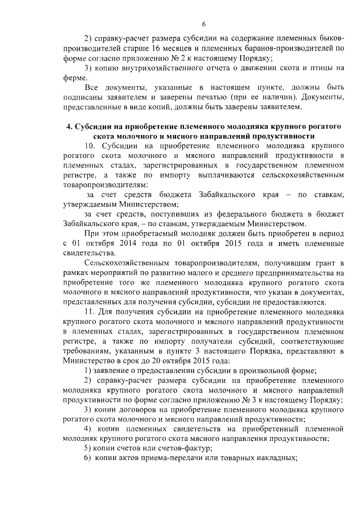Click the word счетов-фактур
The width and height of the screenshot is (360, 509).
click(x=186, y=448)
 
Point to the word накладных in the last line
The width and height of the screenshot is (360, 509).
click(x=277, y=458)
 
